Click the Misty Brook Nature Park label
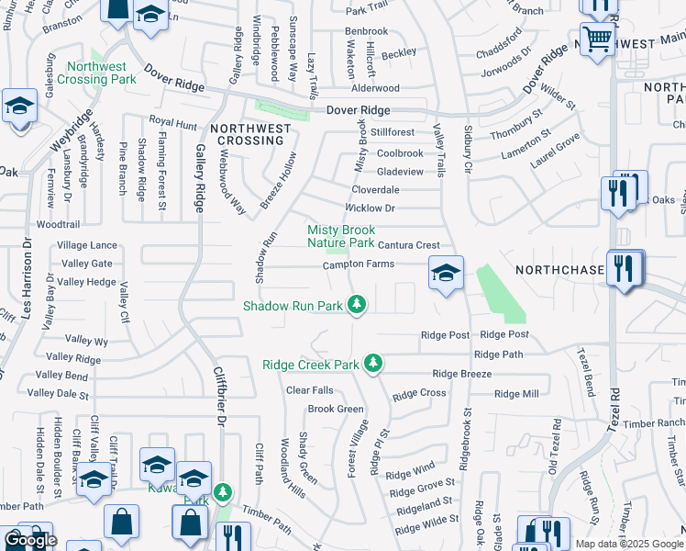(340, 236)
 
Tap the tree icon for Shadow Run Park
(359, 305)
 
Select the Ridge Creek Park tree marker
(372, 364)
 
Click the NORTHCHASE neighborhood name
(559, 270)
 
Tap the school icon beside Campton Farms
(446, 274)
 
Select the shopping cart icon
(598, 39)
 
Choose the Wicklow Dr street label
(370, 208)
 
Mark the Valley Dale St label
(58, 393)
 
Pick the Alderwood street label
(375, 88)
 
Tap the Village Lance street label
(87, 245)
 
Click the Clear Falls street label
(310, 390)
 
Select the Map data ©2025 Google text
(628, 544)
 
